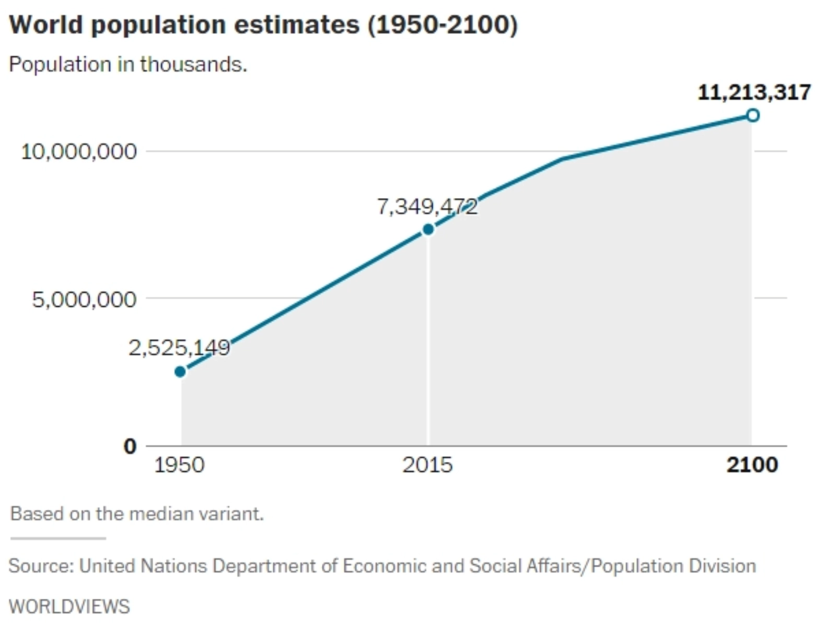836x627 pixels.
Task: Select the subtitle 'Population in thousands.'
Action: (x=128, y=64)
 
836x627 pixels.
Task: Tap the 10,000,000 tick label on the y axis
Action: (x=79, y=152)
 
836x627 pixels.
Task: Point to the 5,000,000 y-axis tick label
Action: (x=84, y=299)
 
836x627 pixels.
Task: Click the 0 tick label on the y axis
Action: (x=130, y=446)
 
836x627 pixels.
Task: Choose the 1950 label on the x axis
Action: (x=179, y=465)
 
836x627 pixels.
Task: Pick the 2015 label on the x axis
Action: (x=427, y=465)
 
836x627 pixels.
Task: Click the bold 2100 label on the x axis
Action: (x=752, y=465)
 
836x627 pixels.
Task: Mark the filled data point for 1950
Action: (x=180, y=371)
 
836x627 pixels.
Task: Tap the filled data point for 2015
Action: (x=428, y=229)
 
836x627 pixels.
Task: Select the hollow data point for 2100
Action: (x=752, y=115)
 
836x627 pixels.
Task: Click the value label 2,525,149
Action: (x=179, y=347)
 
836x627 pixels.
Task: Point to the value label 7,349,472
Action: (x=427, y=207)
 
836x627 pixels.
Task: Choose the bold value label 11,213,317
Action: (x=754, y=92)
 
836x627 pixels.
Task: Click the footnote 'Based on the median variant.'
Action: (x=137, y=514)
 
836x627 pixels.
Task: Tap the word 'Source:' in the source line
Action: (x=41, y=566)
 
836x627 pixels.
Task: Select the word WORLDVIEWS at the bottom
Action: (x=69, y=607)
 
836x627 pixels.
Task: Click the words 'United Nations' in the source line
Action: (x=143, y=566)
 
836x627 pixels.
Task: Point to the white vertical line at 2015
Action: (x=428, y=340)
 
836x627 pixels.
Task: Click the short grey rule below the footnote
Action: (x=58, y=538)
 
